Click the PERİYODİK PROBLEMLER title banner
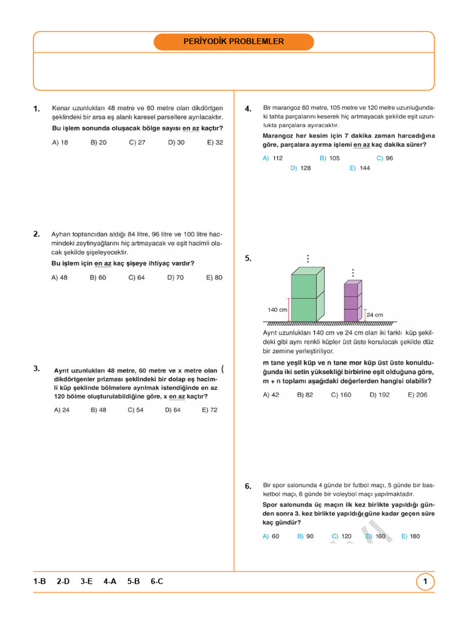point(233,41)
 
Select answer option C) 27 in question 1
point(137,142)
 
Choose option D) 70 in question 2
point(175,277)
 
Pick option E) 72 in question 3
point(210,410)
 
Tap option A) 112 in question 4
point(272,158)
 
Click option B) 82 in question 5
point(305,395)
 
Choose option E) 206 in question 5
point(417,395)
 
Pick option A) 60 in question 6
point(271,536)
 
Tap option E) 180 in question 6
point(411,536)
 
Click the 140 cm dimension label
point(277,310)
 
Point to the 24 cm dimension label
point(375,315)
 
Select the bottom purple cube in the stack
point(352,314)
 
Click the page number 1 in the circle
point(425,582)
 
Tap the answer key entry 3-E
point(87,582)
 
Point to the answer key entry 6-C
point(157,582)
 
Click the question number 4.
point(248,109)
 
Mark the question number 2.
point(37,233)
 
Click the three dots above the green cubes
point(308,259)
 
